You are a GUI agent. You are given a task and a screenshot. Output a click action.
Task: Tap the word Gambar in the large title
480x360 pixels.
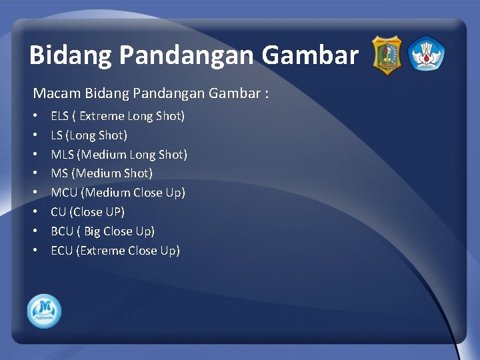pyautogui.click(x=310, y=55)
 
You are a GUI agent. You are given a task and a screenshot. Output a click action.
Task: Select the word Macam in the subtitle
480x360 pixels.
pyautogui.click(x=53, y=93)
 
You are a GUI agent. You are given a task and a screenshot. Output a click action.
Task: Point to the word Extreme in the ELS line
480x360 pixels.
pyautogui.click(x=102, y=116)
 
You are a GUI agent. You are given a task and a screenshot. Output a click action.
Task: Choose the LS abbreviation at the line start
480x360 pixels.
pyautogui.click(x=57, y=135)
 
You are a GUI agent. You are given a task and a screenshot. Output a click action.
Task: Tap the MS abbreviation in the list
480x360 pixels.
pyautogui.click(x=59, y=173)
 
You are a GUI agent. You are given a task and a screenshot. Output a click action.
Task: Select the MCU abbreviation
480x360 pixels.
pyautogui.click(x=64, y=193)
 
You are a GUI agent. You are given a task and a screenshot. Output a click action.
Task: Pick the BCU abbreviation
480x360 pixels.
pyautogui.click(x=63, y=231)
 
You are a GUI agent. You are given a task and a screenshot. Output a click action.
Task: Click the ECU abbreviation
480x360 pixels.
pyautogui.click(x=62, y=251)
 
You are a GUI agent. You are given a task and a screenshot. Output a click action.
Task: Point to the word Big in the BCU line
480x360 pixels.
pyautogui.click(x=92, y=231)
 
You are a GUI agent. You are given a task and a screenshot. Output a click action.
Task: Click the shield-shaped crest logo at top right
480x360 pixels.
pyautogui.click(x=386, y=55)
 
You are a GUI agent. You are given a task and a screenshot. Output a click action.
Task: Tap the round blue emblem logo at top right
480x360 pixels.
pyautogui.click(x=426, y=55)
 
